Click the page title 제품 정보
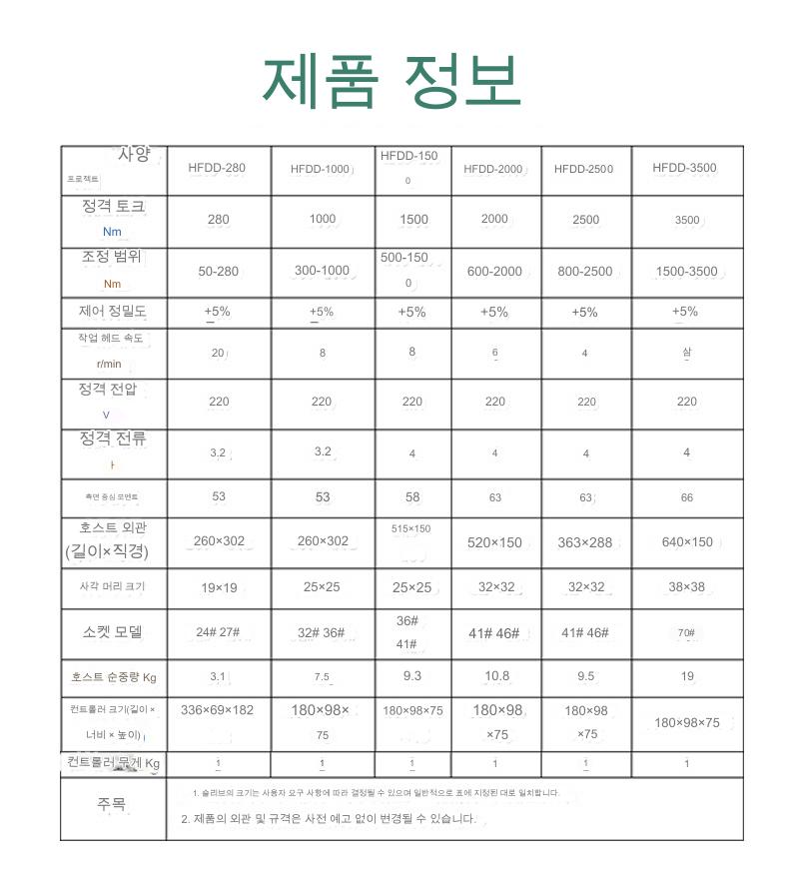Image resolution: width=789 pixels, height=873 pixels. (392, 83)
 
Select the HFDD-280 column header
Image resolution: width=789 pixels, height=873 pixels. (217, 168)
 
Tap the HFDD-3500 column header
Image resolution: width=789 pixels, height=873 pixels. (684, 168)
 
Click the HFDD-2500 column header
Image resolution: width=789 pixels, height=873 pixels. (583, 169)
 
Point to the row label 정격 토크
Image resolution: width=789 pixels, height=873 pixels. (112, 207)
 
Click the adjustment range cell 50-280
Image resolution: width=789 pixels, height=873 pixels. (218, 271)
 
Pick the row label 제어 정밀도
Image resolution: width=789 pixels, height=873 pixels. (112, 311)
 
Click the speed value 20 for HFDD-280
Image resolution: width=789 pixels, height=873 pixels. (218, 353)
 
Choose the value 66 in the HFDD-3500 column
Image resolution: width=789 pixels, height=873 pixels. (686, 496)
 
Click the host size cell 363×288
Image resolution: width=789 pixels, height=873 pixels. (584, 542)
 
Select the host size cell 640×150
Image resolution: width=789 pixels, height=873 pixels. (686, 542)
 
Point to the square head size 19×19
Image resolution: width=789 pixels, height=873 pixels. (219, 587)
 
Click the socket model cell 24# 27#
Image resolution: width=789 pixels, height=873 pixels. (219, 632)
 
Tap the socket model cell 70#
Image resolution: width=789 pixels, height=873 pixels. (686, 632)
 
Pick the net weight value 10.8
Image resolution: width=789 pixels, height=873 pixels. (496, 676)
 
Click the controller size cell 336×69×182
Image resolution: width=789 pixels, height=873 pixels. (218, 710)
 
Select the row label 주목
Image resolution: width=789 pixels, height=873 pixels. (112, 804)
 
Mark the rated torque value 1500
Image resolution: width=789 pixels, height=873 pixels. (413, 220)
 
